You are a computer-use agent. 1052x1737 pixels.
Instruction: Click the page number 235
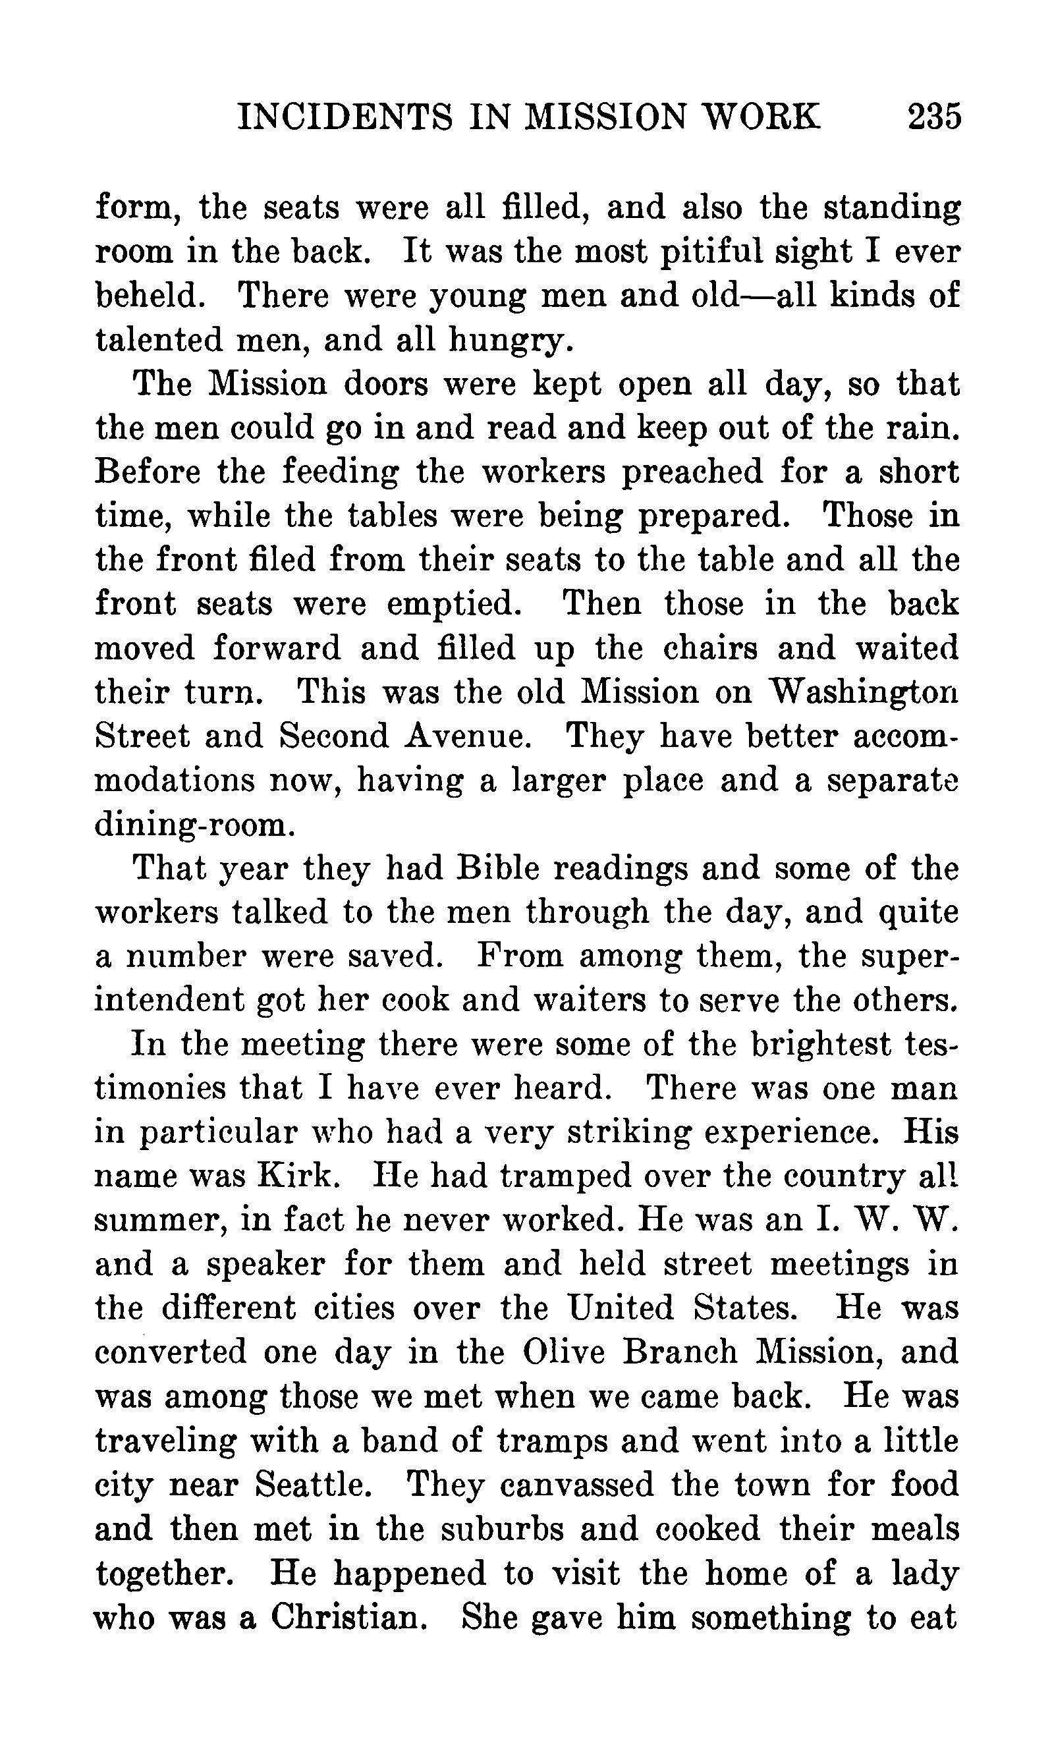(x=933, y=117)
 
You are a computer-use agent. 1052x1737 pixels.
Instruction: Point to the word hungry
(x=507, y=341)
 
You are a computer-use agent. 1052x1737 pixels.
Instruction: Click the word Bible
(x=498, y=868)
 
